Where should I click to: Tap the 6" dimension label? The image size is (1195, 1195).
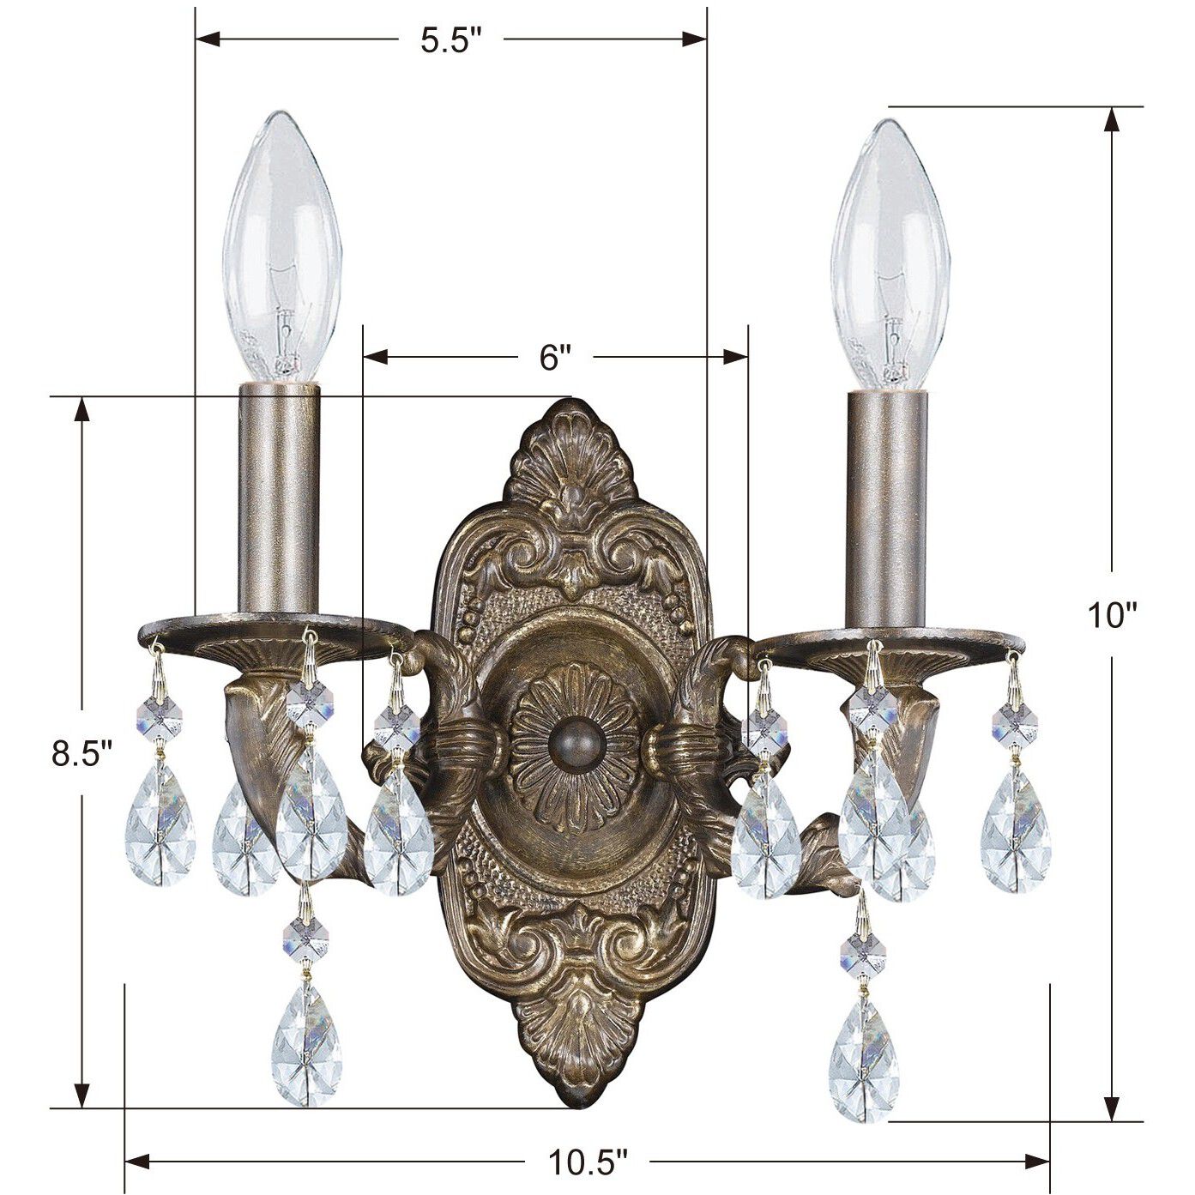pos(555,356)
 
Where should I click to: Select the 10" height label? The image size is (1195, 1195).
pos(1112,615)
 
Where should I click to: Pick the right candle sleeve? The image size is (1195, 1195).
pos(888,506)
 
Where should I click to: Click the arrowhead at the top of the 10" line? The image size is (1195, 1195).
pos(1113,118)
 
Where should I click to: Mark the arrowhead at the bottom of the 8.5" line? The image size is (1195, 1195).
pos(82,1096)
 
